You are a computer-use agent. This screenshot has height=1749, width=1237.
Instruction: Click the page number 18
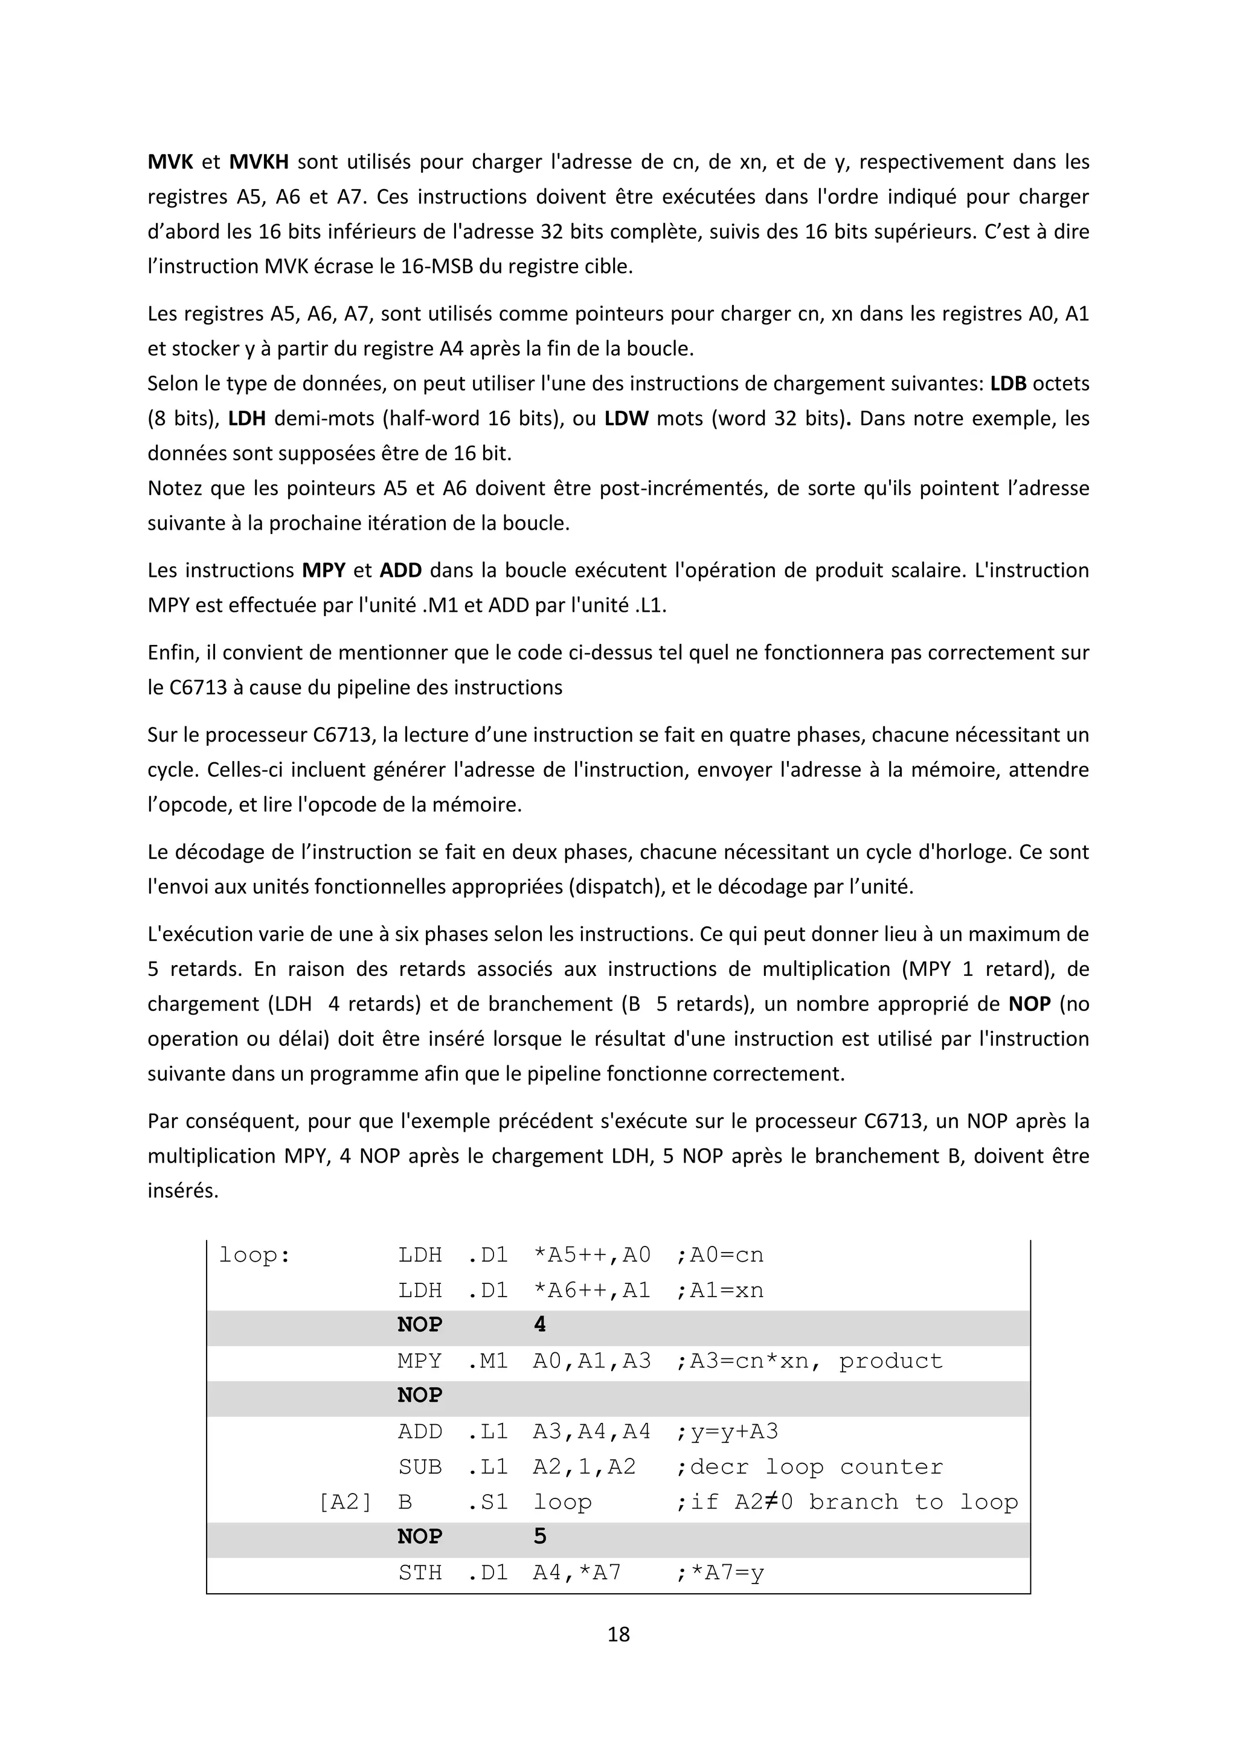(x=618, y=1634)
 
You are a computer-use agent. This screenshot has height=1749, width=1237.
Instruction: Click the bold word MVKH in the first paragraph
(x=259, y=161)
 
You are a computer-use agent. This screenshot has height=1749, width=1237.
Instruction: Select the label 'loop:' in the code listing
(x=254, y=1254)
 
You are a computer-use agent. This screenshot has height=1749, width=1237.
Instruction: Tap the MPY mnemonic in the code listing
(x=420, y=1361)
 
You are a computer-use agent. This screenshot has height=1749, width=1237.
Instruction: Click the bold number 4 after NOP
(x=539, y=1324)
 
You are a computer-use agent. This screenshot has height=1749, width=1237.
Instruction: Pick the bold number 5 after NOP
(x=539, y=1536)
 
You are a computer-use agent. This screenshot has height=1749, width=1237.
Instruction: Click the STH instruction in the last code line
(x=420, y=1572)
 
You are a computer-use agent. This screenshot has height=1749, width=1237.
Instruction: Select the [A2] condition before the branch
(x=344, y=1501)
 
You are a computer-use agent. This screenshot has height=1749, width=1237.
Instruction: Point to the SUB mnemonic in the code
(x=420, y=1466)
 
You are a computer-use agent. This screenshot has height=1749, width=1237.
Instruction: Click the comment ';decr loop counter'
(x=809, y=1466)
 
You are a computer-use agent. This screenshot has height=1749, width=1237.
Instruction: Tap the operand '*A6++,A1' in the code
(x=592, y=1289)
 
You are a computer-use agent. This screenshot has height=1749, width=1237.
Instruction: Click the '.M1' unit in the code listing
(x=487, y=1361)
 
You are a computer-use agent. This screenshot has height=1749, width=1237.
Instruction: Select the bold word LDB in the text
(x=1007, y=383)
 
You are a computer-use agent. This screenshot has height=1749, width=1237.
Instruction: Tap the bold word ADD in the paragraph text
(x=400, y=570)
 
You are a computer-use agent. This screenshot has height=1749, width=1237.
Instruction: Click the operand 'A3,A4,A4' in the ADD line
(x=592, y=1431)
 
